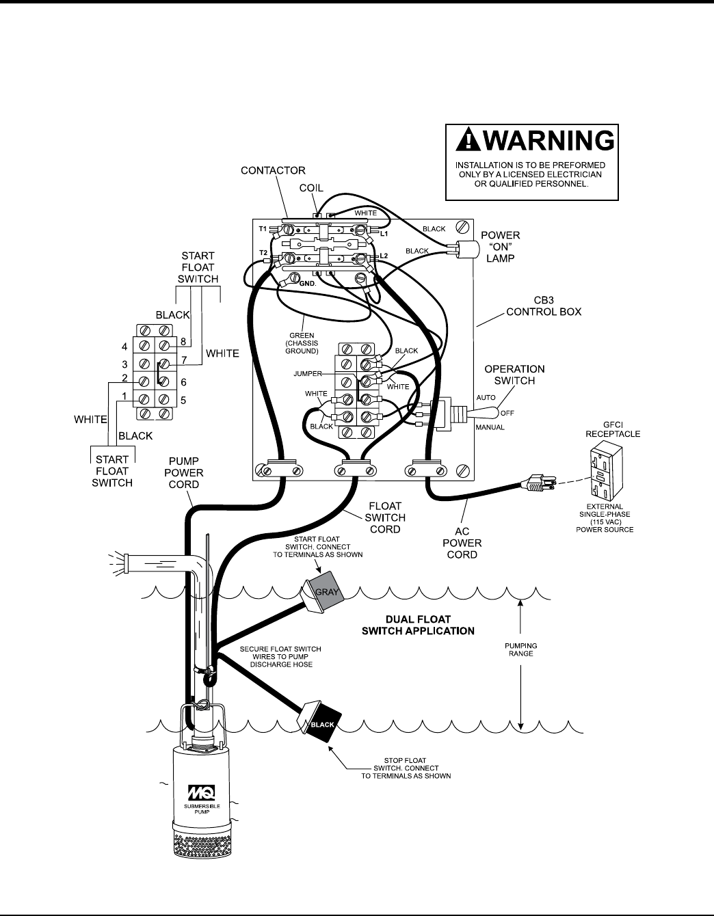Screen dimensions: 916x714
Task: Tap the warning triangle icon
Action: click(x=466, y=140)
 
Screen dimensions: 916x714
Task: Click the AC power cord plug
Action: click(x=535, y=485)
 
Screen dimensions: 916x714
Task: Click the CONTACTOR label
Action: click(x=273, y=170)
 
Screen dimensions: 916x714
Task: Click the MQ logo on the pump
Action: click(x=202, y=794)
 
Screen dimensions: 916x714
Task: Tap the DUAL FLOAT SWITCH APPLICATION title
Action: click(x=417, y=624)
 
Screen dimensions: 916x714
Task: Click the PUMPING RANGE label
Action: click(x=521, y=649)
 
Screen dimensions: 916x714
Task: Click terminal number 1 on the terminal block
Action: click(x=124, y=397)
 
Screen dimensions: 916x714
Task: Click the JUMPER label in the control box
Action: click(x=307, y=374)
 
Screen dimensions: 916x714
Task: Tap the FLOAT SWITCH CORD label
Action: click(x=384, y=517)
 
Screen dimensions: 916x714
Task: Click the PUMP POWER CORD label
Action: click(x=183, y=472)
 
